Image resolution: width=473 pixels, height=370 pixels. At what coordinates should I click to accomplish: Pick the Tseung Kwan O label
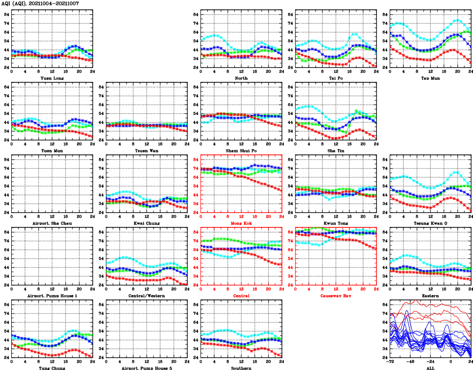click(x=430, y=223)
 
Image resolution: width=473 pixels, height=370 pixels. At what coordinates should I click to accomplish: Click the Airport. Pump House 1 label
click(x=52, y=296)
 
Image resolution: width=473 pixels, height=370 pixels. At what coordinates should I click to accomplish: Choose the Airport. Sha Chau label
click(x=52, y=223)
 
